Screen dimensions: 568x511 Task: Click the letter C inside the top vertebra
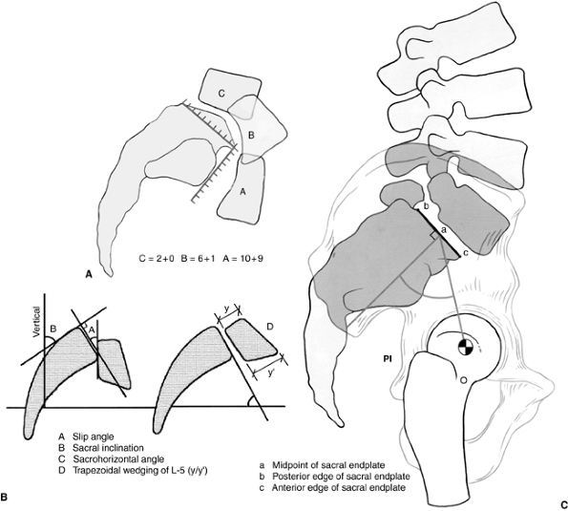tap(221, 94)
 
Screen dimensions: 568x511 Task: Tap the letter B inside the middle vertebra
tap(251, 136)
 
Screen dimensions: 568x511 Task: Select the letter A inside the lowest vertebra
tap(243, 192)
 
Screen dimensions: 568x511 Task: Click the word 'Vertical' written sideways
tap(36, 322)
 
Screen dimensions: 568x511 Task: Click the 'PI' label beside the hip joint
tap(388, 360)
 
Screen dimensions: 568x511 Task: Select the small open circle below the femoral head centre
tap(463, 380)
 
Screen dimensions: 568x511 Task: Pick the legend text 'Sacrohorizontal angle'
tap(118, 459)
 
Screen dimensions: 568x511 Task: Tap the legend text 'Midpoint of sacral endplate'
tap(328, 465)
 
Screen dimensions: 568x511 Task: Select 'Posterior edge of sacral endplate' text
tap(341, 477)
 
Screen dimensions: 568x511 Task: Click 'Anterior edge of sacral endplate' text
tap(339, 488)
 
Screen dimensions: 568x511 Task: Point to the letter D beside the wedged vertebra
tap(270, 328)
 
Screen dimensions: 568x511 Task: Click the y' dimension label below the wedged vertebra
tap(270, 373)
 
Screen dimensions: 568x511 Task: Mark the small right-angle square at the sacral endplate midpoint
tap(434, 236)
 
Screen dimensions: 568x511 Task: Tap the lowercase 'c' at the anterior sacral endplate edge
tap(466, 254)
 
